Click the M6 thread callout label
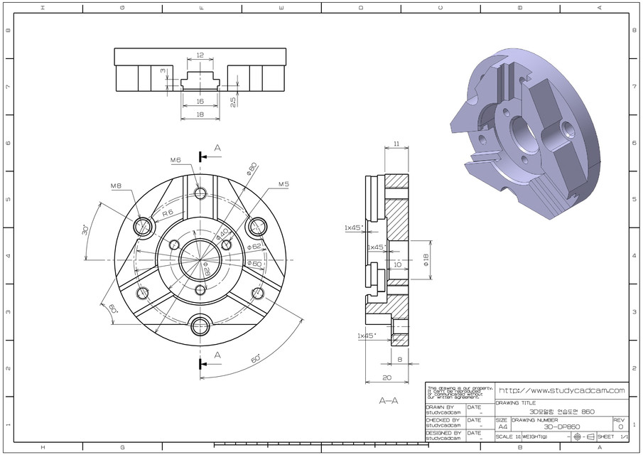[177, 160]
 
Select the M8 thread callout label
[116, 186]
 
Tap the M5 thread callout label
[283, 184]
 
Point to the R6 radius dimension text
[168, 213]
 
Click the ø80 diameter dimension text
[251, 168]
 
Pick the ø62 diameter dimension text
[254, 246]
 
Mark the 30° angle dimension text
[85, 231]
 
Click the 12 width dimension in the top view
[200, 55]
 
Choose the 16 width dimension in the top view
[200, 102]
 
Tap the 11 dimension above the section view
[396, 144]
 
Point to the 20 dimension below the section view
[387, 378]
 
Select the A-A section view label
[389, 400]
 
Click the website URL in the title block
[561, 390]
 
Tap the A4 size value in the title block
[503, 427]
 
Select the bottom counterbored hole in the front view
[200, 327]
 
